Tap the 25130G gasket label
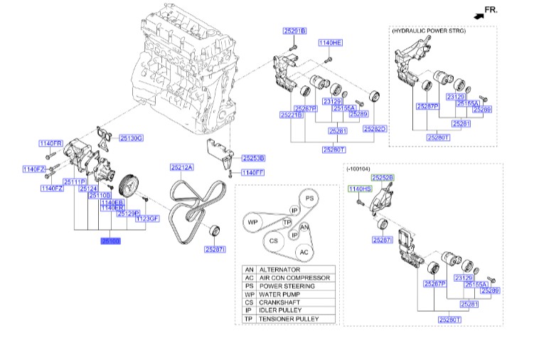[131, 137]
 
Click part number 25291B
[294, 31]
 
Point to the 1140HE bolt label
[330, 43]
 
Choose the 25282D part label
[374, 129]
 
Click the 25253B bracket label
[252, 157]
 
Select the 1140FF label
[252, 172]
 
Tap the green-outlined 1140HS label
[359, 189]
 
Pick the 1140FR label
[51, 144]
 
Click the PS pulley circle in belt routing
[309, 198]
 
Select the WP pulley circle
[252, 223]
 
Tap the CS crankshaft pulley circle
[272, 242]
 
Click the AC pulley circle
[304, 252]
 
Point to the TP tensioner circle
[288, 223]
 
